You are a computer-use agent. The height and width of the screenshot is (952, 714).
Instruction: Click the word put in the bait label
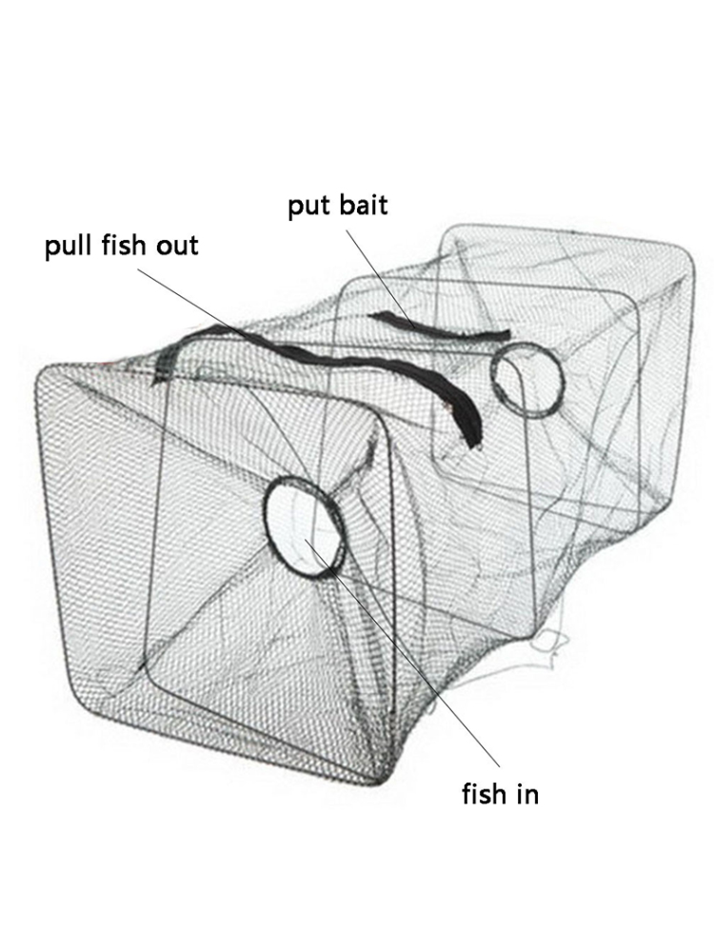307,207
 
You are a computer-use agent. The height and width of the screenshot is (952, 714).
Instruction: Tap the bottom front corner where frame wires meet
383,777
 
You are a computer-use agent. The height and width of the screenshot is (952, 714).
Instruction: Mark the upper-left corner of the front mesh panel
46,371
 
